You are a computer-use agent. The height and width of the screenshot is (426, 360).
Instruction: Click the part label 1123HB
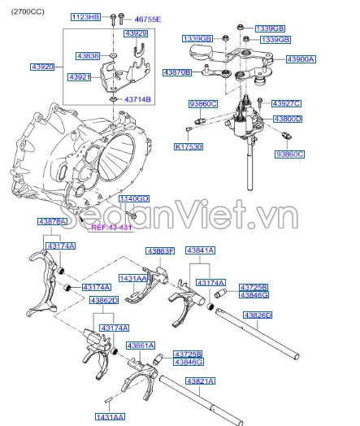[x=85, y=17]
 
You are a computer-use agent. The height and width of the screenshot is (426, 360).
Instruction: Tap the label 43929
[x=136, y=34]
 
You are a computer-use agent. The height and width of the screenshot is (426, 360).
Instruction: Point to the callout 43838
[x=88, y=55]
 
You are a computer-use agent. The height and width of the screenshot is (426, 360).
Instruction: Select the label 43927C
[x=287, y=104]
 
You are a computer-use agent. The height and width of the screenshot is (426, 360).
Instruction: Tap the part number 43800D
[x=287, y=119]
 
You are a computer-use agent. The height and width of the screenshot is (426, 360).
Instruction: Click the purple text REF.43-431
[x=111, y=228]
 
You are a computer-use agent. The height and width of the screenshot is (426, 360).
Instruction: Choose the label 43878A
[x=52, y=222]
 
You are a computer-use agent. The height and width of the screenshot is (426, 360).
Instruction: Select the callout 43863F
[x=160, y=251]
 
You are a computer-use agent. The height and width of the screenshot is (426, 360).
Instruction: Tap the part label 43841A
[x=200, y=251]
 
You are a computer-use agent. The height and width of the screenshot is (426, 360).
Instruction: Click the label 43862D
[x=103, y=300]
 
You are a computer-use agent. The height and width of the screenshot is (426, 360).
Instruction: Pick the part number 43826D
[x=258, y=315]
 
